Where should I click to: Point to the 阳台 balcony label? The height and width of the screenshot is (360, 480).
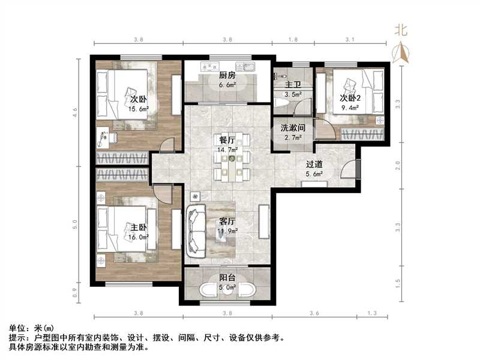pos(227,278)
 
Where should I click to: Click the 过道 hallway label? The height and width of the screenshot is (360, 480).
pos(314,164)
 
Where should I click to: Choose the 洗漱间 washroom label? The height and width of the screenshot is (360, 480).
pos(293,128)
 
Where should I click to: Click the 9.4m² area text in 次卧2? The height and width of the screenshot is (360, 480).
pos(350,109)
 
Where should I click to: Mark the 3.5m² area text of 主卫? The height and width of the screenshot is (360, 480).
pos(293,94)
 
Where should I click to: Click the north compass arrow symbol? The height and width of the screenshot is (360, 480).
pos(401,53)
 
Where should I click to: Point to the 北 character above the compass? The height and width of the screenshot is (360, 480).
pos(401,31)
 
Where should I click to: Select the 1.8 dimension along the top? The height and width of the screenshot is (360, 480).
pos(293,40)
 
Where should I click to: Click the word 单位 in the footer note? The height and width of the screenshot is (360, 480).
pos(18,328)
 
